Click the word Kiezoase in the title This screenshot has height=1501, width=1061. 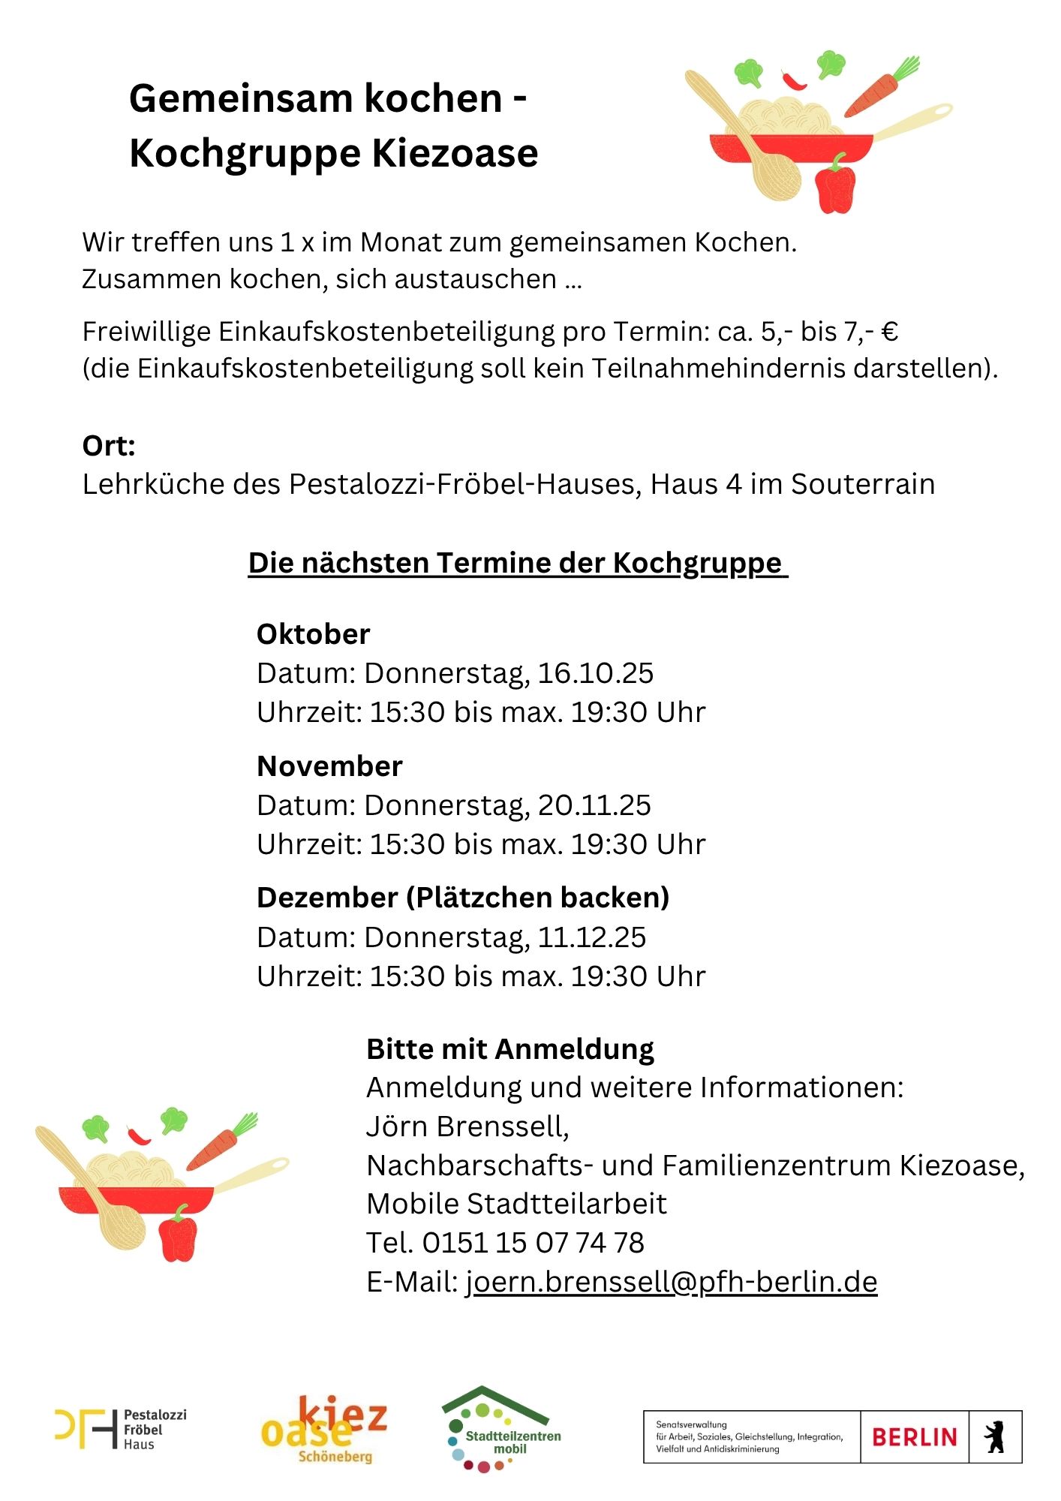[x=455, y=153]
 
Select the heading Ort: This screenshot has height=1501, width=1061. [x=109, y=446]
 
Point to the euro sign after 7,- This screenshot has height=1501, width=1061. [x=890, y=332]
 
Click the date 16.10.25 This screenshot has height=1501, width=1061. [x=595, y=673]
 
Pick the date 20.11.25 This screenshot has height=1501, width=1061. [x=594, y=805]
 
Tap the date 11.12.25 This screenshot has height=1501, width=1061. [x=591, y=937]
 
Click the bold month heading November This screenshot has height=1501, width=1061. [x=329, y=766]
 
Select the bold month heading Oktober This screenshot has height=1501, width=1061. [x=313, y=634]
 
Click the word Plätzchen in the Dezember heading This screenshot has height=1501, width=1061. [x=480, y=898]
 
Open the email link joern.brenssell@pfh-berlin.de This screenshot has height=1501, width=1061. [x=672, y=1282]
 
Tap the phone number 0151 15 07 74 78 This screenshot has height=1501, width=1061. [x=533, y=1243]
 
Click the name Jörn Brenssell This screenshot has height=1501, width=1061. [x=467, y=1127]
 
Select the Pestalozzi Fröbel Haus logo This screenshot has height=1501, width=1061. [x=120, y=1429]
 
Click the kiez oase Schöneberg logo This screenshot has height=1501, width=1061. [x=324, y=1430]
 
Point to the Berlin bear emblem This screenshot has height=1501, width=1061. [x=995, y=1436]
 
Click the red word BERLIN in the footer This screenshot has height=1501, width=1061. [x=914, y=1437]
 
